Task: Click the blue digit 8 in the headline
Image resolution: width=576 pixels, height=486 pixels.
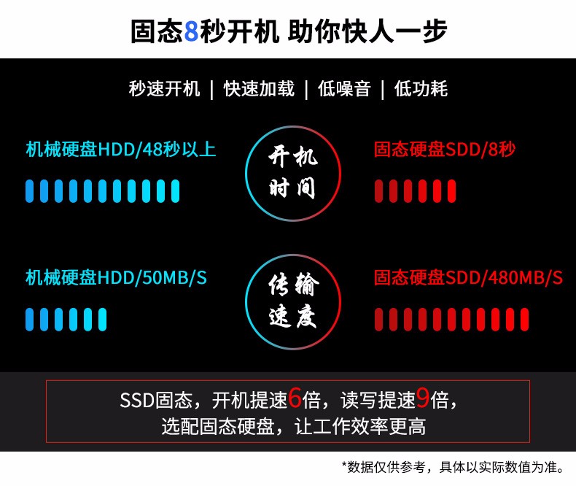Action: pos(190,31)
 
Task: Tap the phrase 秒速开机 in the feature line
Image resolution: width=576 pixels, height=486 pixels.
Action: pos(164,89)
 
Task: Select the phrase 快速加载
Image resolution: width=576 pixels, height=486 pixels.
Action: pos(259,89)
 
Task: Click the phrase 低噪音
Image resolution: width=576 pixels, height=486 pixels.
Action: pos(344,89)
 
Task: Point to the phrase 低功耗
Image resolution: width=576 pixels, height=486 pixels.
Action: pos(421,89)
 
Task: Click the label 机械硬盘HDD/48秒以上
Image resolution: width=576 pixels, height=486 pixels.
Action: pos(121,150)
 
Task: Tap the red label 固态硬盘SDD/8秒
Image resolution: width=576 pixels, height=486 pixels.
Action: pos(445,150)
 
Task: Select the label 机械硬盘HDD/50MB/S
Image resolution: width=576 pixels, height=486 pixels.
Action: pos(116,277)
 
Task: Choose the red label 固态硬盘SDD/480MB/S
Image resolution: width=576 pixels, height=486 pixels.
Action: pos(468,277)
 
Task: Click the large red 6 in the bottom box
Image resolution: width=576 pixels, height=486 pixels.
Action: pos(295,398)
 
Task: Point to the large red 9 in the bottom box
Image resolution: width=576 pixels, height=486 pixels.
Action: pos(423,398)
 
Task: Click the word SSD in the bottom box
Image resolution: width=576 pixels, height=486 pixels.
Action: pos(136,401)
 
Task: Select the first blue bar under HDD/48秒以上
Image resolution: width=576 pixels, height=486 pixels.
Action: pos(29,191)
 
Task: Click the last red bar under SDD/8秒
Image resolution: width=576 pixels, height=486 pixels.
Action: pos(451,191)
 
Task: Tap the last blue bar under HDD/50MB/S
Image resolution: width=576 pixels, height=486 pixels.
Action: pos(103,320)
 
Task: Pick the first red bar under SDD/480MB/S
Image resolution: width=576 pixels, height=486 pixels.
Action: pos(378,320)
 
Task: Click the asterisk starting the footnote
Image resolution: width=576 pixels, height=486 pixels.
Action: pos(344,465)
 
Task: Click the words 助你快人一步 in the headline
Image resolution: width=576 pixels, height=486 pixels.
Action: pos(367,31)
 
